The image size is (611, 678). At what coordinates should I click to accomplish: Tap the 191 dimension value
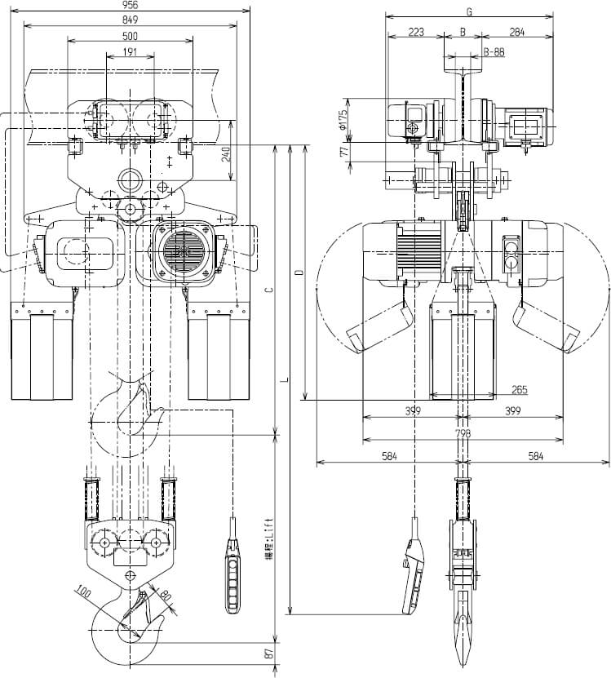pos(131,51)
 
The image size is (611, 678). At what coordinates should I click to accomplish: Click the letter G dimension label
pos(469,11)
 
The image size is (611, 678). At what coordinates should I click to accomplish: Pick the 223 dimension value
pos(415,33)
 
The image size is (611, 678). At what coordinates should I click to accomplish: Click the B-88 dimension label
pos(493,51)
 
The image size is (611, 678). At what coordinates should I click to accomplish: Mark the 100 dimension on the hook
pos(82,590)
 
